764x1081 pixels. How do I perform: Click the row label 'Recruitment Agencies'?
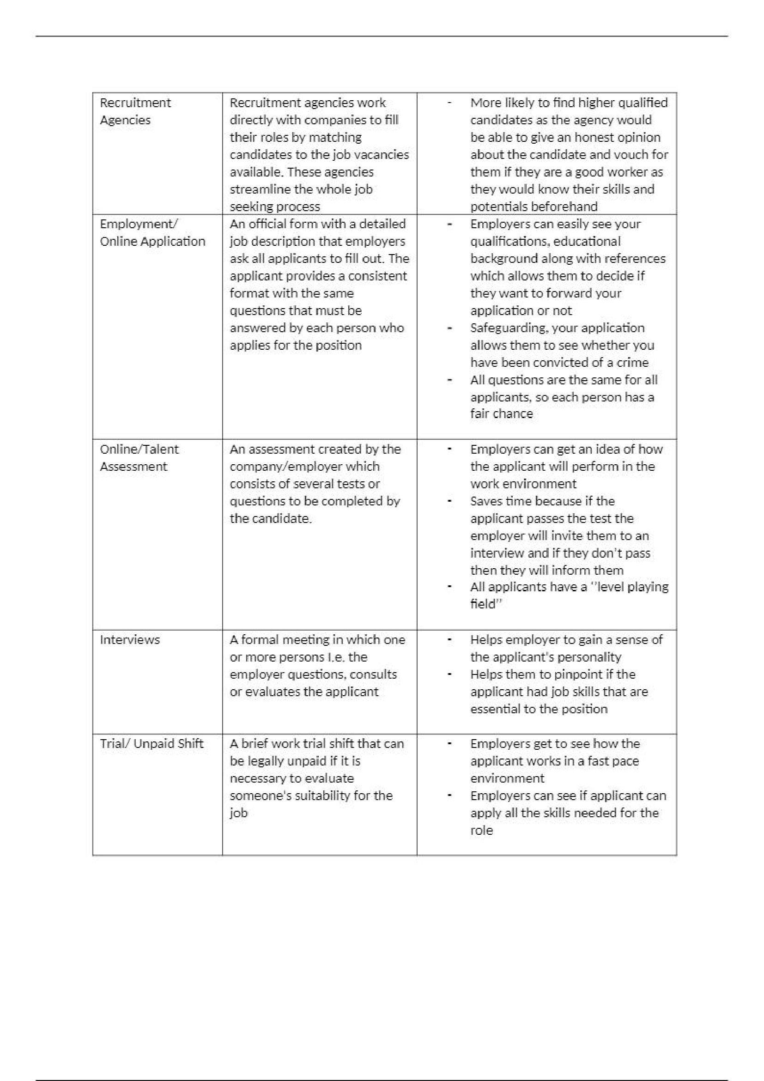pos(135,111)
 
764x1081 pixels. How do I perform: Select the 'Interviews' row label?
pos(130,639)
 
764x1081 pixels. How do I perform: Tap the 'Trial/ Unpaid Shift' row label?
pos(152,743)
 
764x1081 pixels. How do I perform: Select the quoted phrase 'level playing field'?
pos(570,595)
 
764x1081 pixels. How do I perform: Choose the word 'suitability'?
pos(314,796)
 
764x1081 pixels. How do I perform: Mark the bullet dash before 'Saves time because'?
pos(450,501)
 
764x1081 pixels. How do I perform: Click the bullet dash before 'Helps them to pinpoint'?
pos(450,674)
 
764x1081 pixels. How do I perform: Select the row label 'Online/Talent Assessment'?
pos(139,458)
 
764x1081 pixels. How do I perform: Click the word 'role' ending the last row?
pos(482,830)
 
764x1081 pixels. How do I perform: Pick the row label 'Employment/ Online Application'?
pos(152,232)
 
